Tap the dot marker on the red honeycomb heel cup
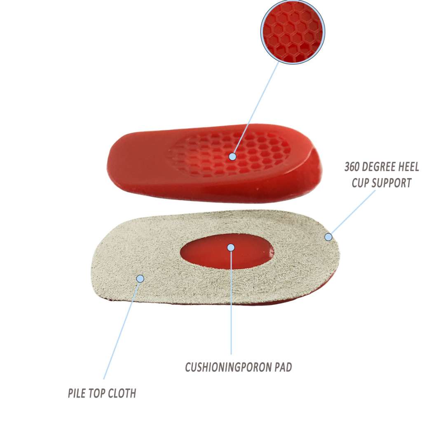(232, 157)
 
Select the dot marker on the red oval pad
(231, 247)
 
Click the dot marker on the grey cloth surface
(140, 279)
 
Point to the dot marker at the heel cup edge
(328, 237)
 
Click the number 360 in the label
(353, 167)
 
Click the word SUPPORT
(391, 183)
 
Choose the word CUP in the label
(360, 183)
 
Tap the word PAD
(283, 367)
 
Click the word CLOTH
(124, 393)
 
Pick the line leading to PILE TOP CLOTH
(122, 330)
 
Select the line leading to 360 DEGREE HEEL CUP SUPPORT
(353, 213)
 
